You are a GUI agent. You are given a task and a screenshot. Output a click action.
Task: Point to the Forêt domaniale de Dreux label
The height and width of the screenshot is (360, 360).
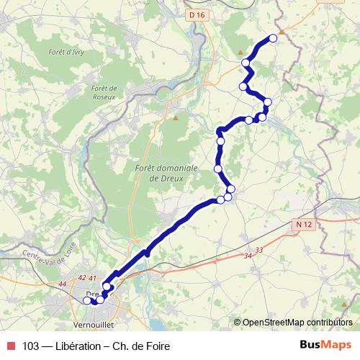pyautogui.click(x=160, y=172)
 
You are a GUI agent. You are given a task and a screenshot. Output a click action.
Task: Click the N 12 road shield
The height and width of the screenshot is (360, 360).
pyautogui.click(x=304, y=225)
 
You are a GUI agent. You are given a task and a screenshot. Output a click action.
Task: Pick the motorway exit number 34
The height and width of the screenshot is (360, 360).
pyautogui.click(x=249, y=256)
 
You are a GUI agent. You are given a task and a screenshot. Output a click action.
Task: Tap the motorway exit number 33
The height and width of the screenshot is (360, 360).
pyautogui.click(x=259, y=249)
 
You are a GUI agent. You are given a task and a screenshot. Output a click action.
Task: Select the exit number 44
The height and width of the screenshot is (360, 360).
pyautogui.click(x=63, y=284)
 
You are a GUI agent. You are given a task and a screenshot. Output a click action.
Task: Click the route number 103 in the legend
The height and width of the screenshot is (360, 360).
pyautogui.click(x=32, y=346)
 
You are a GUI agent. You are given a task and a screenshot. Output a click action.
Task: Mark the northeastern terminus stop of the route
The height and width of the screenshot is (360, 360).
pyautogui.click(x=273, y=38)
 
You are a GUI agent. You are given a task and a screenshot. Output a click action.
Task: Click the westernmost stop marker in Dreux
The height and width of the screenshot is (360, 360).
pyautogui.click(x=87, y=301)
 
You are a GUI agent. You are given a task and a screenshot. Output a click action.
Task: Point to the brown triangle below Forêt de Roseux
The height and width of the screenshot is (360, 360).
pyautogui.click(x=175, y=117)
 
